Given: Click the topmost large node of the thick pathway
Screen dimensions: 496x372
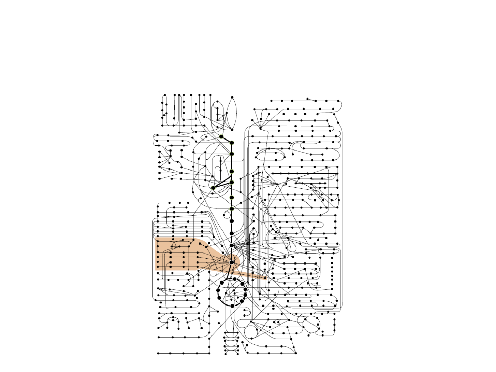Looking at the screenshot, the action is click(221, 137).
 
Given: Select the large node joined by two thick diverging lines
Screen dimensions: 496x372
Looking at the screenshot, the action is click(213, 188).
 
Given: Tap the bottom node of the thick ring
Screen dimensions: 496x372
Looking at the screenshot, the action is click(232, 306).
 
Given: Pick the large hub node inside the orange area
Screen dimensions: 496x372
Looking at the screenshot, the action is click(232, 262).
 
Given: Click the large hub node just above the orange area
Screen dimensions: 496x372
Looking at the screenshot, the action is click(232, 245).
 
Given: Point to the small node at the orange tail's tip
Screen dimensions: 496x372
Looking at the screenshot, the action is click(265, 278).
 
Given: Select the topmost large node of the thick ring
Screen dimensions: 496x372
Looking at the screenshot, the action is click(235, 279).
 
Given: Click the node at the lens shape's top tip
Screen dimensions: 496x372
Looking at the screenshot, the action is click(232, 97).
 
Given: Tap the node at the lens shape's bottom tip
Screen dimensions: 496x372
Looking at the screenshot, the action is click(232, 130).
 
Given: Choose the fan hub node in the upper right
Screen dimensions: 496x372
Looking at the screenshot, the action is click(261, 128).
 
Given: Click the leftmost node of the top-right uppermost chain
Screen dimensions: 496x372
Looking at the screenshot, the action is click(272, 101).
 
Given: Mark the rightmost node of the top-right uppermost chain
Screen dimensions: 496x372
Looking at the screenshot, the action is click(338, 101).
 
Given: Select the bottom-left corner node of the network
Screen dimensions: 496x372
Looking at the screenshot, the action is click(158, 353).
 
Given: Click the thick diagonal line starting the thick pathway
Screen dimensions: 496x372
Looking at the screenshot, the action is click(226, 139).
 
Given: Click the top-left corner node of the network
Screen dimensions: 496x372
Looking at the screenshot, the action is click(165, 95).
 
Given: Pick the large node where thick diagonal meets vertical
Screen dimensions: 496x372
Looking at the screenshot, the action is click(232, 143).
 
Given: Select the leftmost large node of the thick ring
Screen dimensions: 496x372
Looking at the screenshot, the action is click(218, 290).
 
